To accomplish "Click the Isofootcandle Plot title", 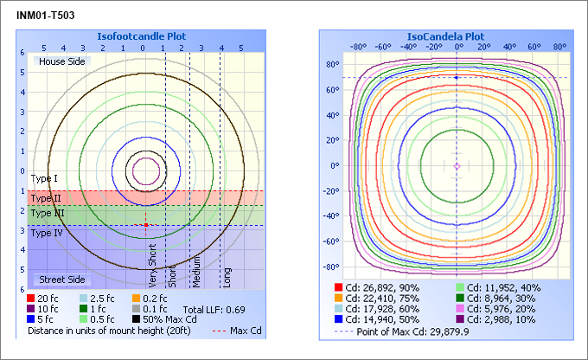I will pos(141,36).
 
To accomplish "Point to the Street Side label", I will pos(62,280).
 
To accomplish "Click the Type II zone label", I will pos(46,198).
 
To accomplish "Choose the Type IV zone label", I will pos(47,233).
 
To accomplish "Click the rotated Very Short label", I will pos(153,265).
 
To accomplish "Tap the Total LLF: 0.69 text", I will pos(214,309).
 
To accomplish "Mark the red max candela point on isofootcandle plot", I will pos(145,225).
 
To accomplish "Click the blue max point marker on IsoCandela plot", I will pos(457,78).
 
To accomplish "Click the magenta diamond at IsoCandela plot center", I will pos(457,165).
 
